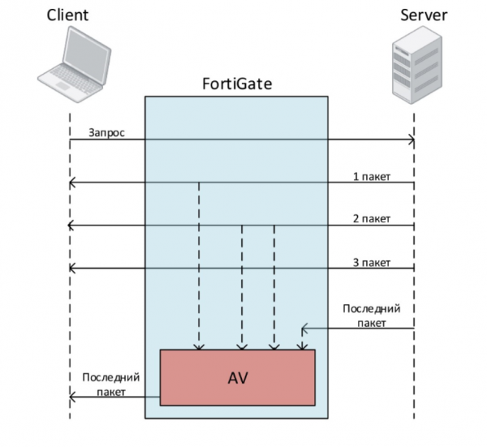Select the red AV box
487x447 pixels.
click(237, 377)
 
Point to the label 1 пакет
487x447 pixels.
click(372, 176)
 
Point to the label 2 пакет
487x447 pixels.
click(372, 218)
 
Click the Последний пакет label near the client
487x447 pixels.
click(111, 384)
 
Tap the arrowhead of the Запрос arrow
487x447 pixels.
click(412, 141)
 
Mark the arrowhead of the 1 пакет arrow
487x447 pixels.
click(73, 183)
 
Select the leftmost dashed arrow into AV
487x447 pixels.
click(198, 268)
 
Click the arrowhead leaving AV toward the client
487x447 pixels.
click(73, 397)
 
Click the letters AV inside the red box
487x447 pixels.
click(237, 377)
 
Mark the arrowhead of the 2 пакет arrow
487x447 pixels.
click(73, 225)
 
